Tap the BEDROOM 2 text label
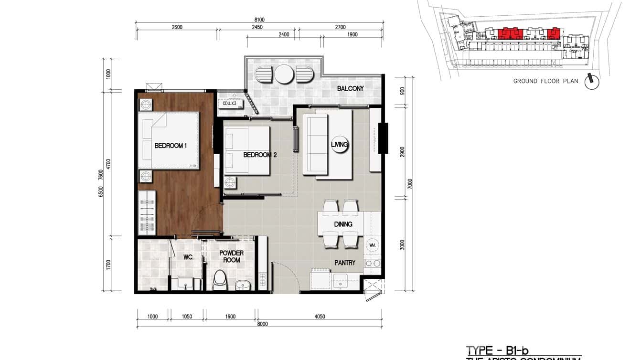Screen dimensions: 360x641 click(x=260, y=155)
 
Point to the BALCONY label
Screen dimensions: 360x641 click(x=350, y=88)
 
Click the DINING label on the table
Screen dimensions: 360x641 click(x=343, y=224)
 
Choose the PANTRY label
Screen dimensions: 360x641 click(x=344, y=262)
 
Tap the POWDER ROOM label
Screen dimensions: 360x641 click(x=231, y=256)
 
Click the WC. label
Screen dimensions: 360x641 click(x=188, y=257)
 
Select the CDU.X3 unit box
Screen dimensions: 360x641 click(x=230, y=103)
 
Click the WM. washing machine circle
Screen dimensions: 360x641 click(x=372, y=245)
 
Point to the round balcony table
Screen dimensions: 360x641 click(x=284, y=74)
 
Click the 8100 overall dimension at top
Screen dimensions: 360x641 click(x=259, y=20)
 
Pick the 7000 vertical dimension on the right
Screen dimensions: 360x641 click(x=409, y=184)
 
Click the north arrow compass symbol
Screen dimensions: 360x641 click(x=592, y=81)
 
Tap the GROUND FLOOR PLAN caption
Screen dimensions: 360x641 click(x=545, y=81)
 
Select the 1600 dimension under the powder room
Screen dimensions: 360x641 click(x=230, y=316)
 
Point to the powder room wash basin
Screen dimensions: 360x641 click(x=242, y=285)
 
